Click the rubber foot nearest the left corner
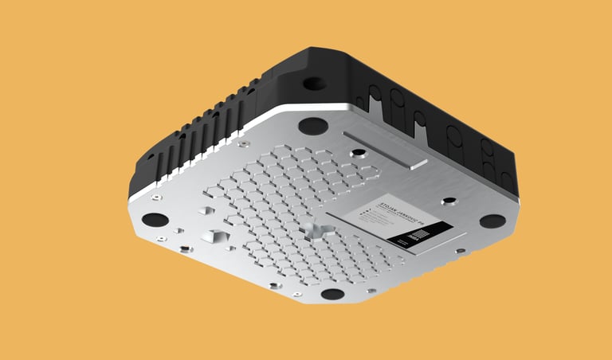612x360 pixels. coord(155,219)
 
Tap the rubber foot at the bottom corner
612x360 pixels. coord(332,294)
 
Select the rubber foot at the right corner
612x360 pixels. coord(492,221)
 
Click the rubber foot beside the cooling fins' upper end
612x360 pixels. coord(312,125)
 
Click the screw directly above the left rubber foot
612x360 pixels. coord(159,194)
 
